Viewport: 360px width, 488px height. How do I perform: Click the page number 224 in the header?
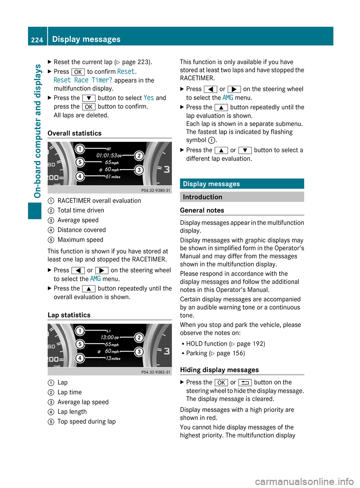[37, 40]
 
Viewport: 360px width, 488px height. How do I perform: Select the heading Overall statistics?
[75, 133]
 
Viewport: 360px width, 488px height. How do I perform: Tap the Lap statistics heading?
[69, 315]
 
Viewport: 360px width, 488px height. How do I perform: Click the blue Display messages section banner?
[242, 184]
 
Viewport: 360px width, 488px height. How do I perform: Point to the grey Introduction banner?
[242, 197]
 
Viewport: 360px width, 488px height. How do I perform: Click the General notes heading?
[202, 211]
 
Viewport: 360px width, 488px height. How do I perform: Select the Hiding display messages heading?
[219, 370]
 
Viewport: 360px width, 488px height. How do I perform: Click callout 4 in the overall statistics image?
[80, 176]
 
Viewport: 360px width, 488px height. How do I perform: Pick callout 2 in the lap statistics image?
[139, 338]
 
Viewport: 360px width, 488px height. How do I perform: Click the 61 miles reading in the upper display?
[112, 177]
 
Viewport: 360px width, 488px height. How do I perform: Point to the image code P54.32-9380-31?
[156, 190]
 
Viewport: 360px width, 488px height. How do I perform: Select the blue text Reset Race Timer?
[83, 80]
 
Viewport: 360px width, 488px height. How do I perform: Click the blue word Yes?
[148, 98]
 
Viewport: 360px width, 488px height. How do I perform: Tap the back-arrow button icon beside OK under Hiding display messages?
[245, 383]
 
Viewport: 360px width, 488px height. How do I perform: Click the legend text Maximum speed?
[80, 240]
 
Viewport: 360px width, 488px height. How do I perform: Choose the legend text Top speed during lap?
[87, 422]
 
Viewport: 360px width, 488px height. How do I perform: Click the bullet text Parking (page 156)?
[215, 353]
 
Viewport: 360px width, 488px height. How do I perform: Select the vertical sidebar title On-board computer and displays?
[37, 131]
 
